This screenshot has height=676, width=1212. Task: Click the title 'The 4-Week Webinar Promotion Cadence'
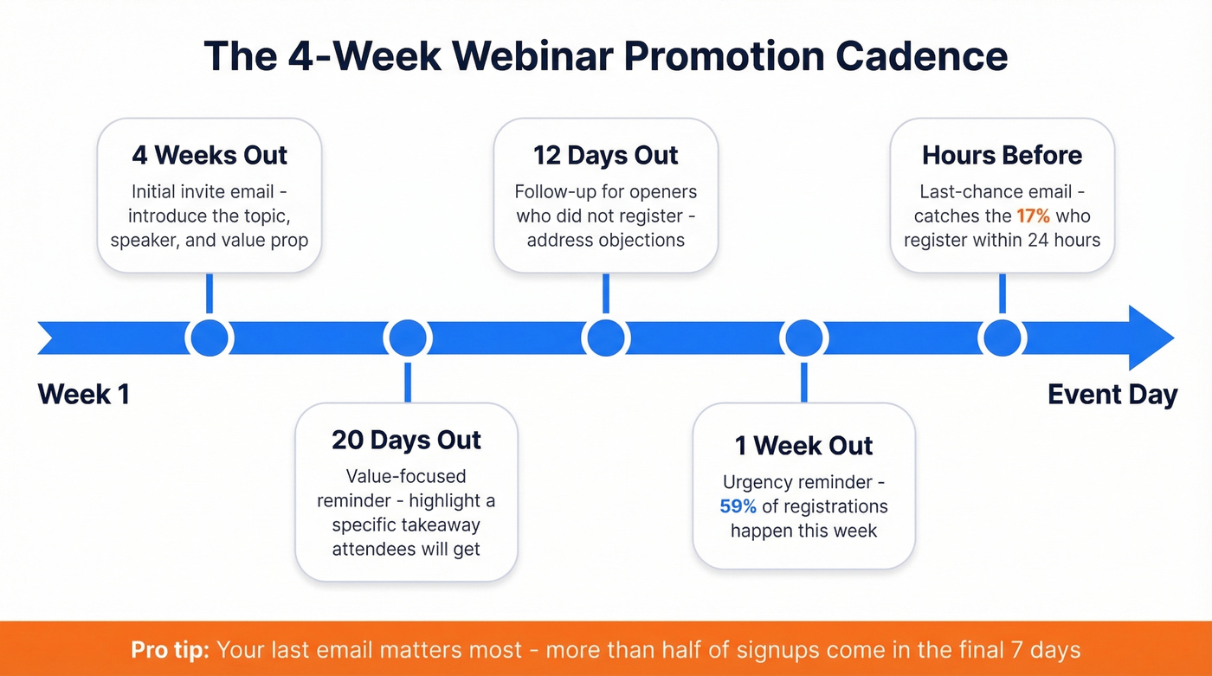click(x=606, y=55)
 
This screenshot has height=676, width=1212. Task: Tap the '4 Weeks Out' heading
click(x=210, y=156)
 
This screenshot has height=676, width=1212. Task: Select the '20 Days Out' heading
click(x=406, y=440)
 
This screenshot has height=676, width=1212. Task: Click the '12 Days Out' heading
click(x=606, y=156)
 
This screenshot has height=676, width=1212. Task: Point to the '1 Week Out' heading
click(x=803, y=446)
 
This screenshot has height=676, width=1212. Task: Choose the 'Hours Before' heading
click(x=1002, y=156)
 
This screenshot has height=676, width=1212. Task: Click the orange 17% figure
click(x=1034, y=216)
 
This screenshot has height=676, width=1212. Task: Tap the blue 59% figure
click(x=738, y=506)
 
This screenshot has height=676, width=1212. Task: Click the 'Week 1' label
click(x=84, y=395)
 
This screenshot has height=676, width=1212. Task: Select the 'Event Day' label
click(x=1112, y=395)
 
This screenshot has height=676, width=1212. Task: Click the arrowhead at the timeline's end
click(x=1151, y=338)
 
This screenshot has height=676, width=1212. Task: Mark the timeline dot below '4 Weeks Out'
click(x=210, y=338)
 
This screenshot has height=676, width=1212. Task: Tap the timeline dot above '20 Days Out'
click(x=407, y=338)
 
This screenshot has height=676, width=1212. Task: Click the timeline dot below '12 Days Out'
click(x=605, y=338)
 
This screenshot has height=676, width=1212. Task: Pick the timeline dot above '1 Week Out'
click(x=803, y=338)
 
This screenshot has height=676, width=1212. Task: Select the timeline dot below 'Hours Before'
click(x=1002, y=338)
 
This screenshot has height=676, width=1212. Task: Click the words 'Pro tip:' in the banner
click(x=170, y=649)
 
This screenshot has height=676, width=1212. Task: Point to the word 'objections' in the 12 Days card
click(x=641, y=240)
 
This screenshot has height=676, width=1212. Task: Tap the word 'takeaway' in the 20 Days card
click(x=438, y=525)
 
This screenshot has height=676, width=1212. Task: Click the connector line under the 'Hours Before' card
click(x=1002, y=294)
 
